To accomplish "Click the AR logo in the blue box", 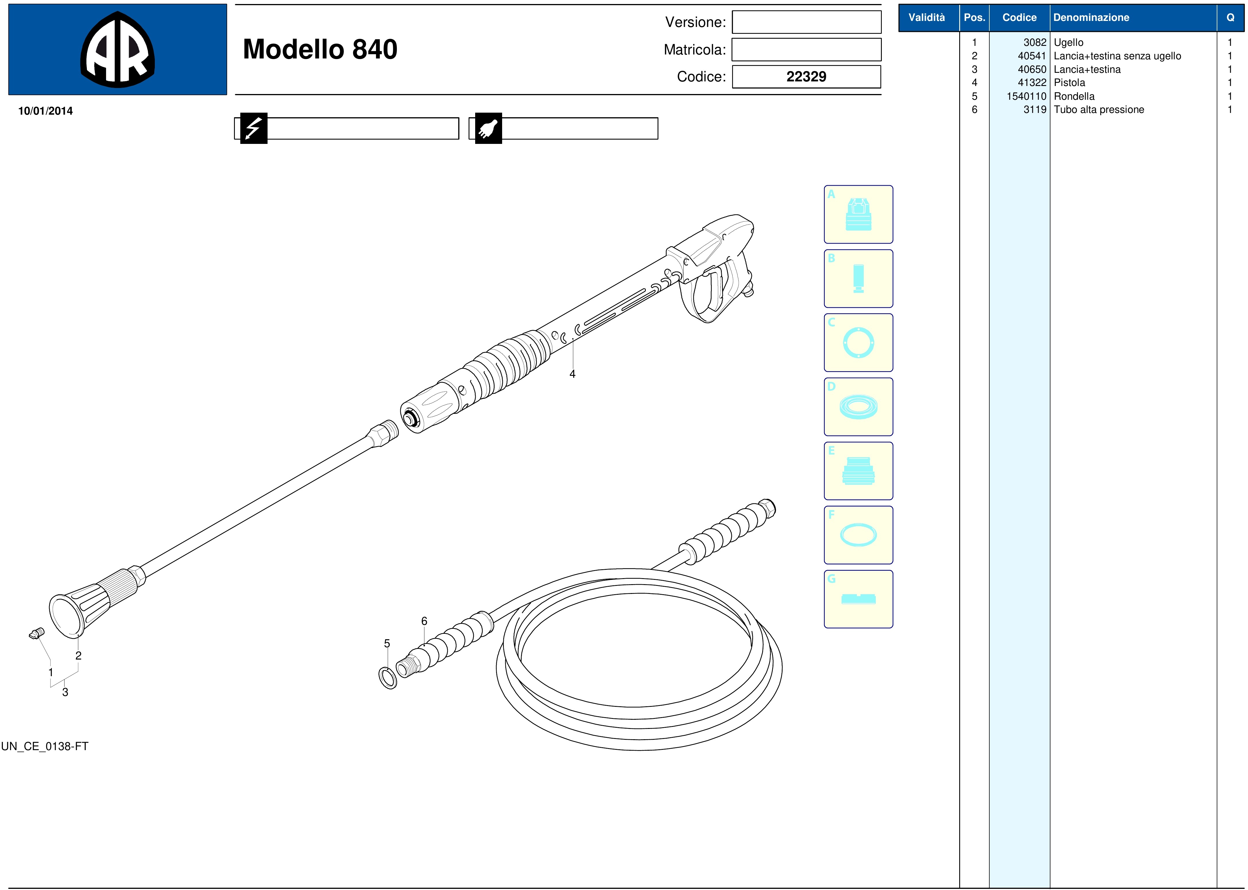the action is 117,49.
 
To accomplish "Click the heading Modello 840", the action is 320,49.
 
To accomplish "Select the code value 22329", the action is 806,77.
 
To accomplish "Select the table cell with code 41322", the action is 1032,83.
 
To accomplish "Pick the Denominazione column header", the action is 1091,17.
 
